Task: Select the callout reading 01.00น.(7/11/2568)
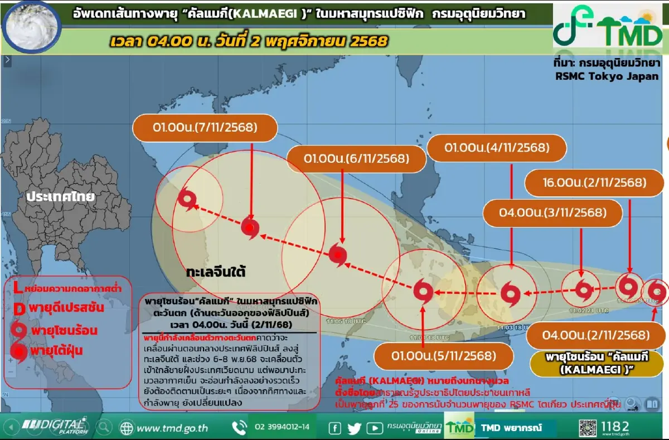click(205, 128)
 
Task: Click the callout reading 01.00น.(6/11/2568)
click(356, 158)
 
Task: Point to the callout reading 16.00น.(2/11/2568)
click(594, 182)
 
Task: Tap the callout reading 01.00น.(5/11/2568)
click(443, 356)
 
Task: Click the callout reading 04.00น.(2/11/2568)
click(595, 335)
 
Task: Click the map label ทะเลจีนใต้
click(216, 272)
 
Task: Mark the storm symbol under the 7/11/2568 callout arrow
click(250, 228)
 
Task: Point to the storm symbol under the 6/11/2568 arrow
click(338, 254)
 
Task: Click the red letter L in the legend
click(17, 288)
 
